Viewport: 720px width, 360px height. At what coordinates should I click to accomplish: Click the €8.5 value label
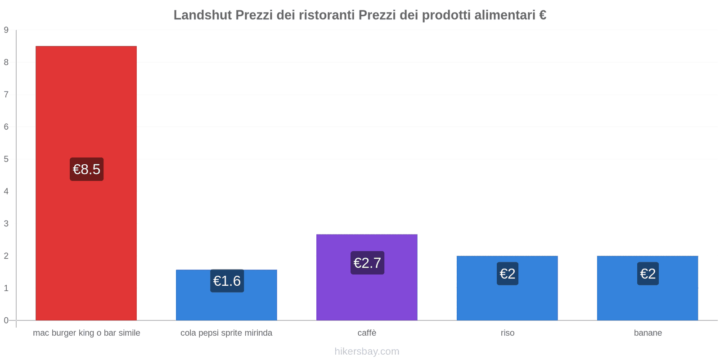point(86,169)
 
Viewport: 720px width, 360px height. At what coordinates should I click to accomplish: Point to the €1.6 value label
point(227,281)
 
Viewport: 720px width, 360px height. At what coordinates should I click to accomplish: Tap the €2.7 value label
point(367,263)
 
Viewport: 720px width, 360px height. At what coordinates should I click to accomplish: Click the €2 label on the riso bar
point(507,274)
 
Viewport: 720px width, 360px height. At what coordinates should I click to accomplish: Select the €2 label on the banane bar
point(648,274)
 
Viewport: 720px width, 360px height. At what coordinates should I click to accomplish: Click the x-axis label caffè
point(367,333)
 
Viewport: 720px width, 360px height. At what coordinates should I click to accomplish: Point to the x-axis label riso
point(507,333)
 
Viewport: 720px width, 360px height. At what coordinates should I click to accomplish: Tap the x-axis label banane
point(648,333)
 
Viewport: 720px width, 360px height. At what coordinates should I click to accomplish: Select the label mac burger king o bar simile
point(86,333)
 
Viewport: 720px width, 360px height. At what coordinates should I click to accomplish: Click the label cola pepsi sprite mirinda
point(226,333)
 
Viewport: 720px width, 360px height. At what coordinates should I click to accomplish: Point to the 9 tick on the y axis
point(6,30)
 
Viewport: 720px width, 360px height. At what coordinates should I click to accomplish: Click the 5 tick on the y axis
point(6,159)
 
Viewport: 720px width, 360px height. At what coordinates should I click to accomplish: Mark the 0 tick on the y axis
point(6,320)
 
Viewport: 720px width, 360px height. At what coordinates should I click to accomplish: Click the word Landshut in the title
point(202,15)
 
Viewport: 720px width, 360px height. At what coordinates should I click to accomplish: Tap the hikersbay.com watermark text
point(367,351)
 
